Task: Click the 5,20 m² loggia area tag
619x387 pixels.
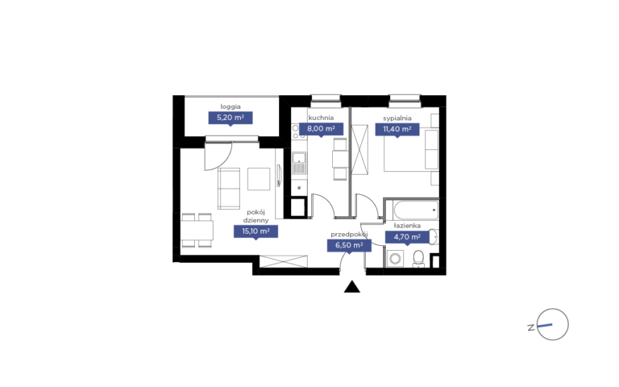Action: pyautogui.click(x=231, y=118)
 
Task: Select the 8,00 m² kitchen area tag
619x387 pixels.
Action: pyautogui.click(x=321, y=129)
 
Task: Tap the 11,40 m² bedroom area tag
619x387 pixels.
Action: pyautogui.click(x=397, y=129)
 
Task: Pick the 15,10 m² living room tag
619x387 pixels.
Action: pyautogui.click(x=255, y=231)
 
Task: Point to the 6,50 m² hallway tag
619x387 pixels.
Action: pyautogui.click(x=349, y=245)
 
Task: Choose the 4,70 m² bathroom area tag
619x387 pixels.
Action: pyautogui.click(x=407, y=237)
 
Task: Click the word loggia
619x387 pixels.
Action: pyautogui.click(x=231, y=106)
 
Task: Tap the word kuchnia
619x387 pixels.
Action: pyautogui.click(x=321, y=118)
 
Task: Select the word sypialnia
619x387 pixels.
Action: pyautogui.click(x=397, y=118)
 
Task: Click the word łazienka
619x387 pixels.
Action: pyautogui.click(x=407, y=226)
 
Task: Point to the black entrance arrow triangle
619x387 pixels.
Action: pyautogui.click(x=352, y=287)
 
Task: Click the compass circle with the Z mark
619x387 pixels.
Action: pyautogui.click(x=553, y=324)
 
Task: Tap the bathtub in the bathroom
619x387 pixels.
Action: pyautogui.click(x=416, y=210)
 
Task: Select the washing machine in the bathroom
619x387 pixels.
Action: pyautogui.click(x=395, y=259)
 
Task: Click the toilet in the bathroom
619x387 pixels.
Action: pyautogui.click(x=418, y=259)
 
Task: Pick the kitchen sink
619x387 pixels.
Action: pyautogui.click(x=299, y=163)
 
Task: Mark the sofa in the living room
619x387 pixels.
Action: pyautogui.click(x=229, y=189)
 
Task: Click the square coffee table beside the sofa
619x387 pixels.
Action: pyautogui.click(x=259, y=179)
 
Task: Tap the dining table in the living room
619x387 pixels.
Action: pyautogui.click(x=197, y=231)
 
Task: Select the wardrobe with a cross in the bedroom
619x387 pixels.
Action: pyautogui.click(x=359, y=149)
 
